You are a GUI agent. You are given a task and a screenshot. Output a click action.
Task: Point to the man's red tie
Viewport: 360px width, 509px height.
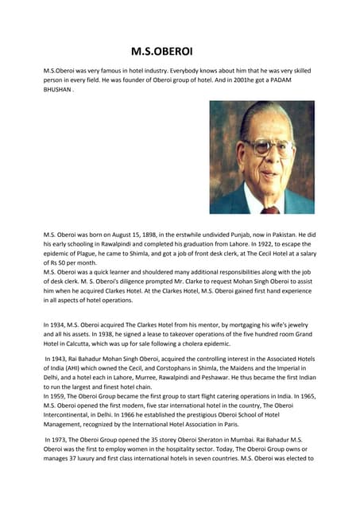click(271, 209)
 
